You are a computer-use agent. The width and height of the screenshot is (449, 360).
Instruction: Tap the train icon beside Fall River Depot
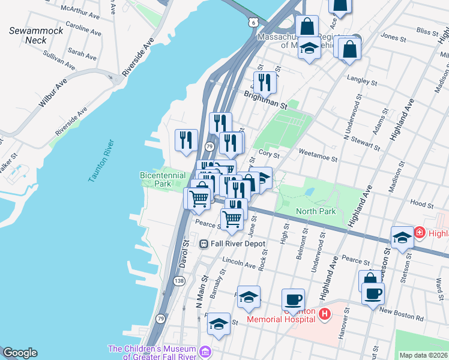tap(204, 244)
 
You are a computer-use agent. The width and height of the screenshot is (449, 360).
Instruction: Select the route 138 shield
tap(179, 281)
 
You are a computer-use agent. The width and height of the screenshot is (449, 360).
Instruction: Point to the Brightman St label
tap(266, 99)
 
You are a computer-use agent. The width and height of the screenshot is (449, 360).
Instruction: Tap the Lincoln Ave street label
tap(239, 263)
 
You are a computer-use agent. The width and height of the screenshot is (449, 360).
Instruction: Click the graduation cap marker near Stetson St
tap(402, 236)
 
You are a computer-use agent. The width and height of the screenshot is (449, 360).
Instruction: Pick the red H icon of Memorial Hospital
tap(324, 313)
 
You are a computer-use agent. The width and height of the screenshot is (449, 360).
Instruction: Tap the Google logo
tap(20, 353)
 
